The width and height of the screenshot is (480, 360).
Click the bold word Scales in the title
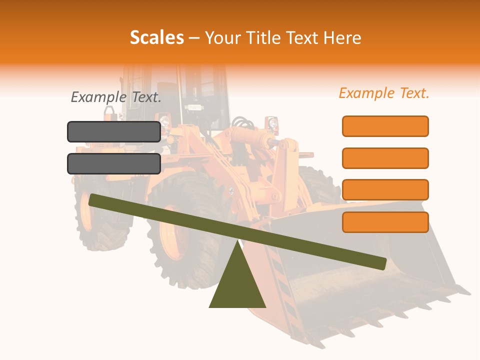click(x=156, y=37)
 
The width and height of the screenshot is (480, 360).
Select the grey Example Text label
click(x=116, y=97)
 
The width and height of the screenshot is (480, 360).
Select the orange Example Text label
click(x=384, y=93)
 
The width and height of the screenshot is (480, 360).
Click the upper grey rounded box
click(x=114, y=131)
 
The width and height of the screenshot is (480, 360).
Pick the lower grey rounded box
click(x=114, y=163)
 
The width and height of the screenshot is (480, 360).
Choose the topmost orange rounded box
click(x=385, y=126)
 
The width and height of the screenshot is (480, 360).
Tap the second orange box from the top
click(x=385, y=158)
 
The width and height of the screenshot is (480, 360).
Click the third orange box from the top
click(x=385, y=190)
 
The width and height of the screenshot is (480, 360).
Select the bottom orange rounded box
click(x=385, y=222)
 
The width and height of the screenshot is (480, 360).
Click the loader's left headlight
click(x=164, y=120)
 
